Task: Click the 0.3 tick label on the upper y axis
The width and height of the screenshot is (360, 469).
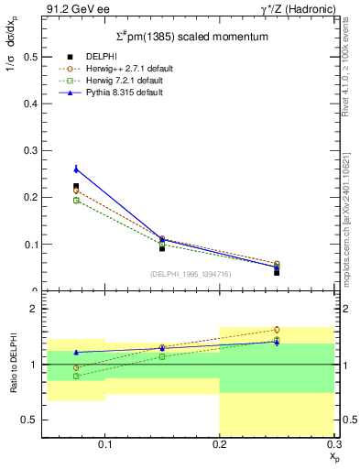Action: coord(30,150)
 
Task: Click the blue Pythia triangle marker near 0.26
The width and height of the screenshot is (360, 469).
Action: coord(76,169)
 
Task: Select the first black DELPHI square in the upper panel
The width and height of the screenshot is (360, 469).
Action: coord(76,186)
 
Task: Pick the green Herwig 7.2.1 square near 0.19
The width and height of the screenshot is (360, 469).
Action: coord(76,200)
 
